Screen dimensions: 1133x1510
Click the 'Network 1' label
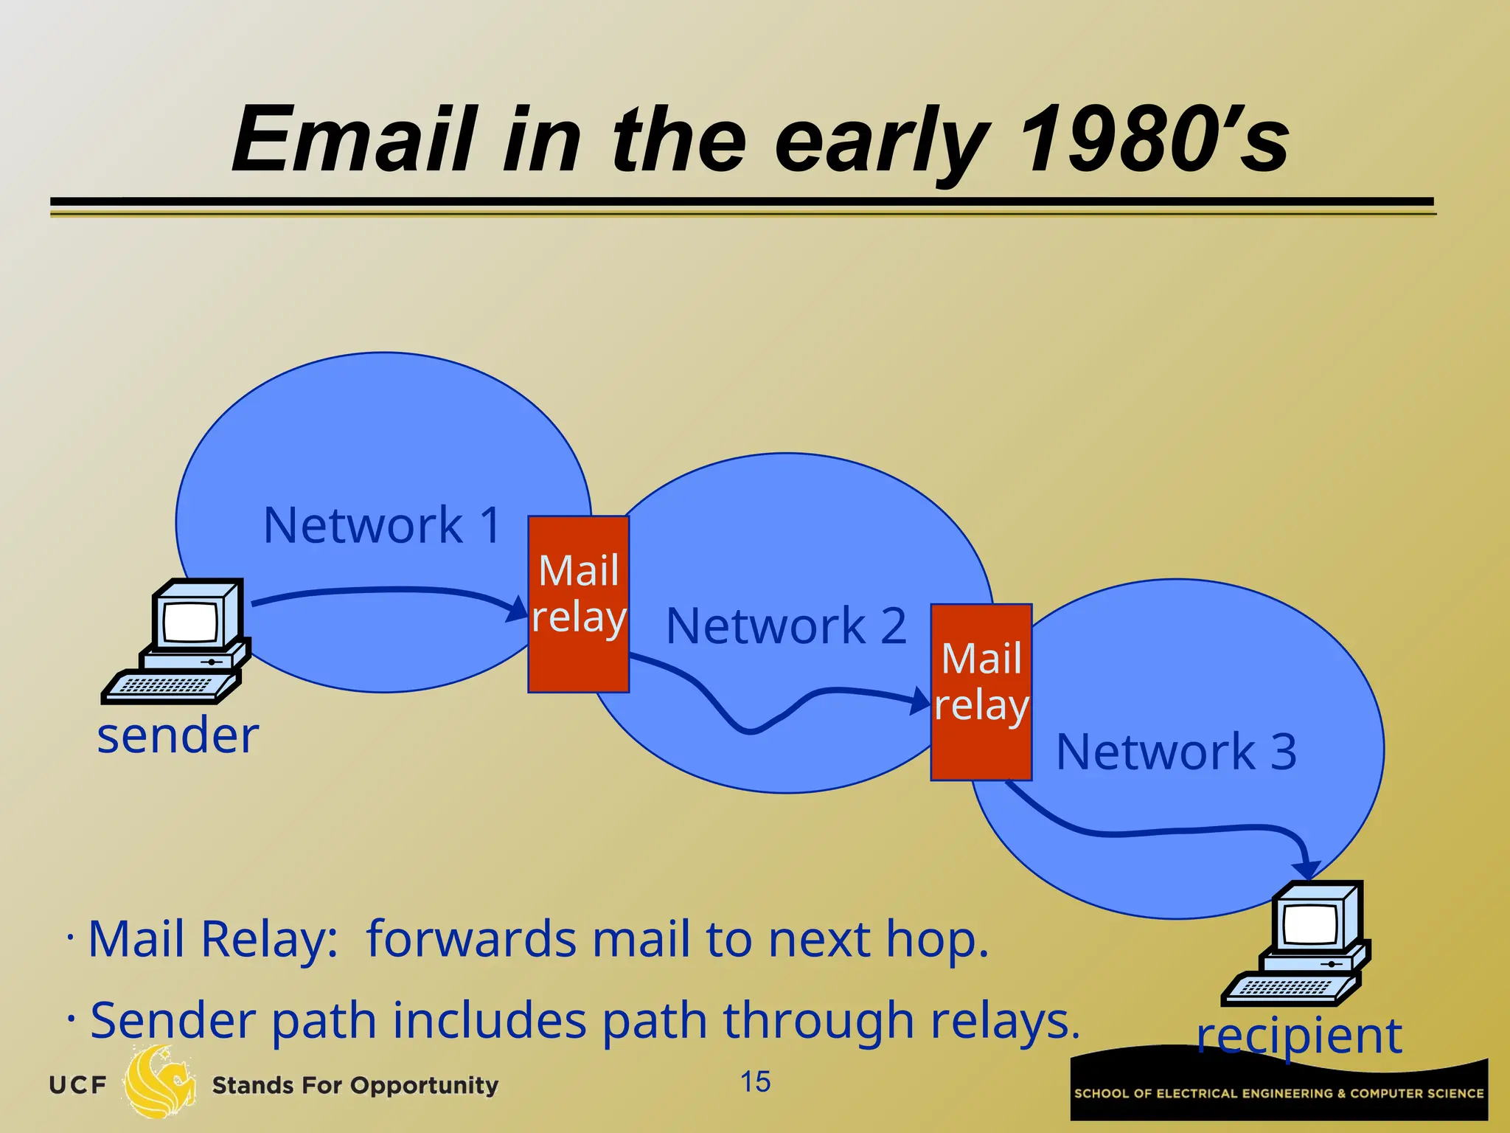click(x=382, y=525)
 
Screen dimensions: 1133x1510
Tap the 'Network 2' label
click(x=786, y=626)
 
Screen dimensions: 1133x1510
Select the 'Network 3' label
click(x=1176, y=752)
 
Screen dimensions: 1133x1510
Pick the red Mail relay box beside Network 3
click(x=981, y=692)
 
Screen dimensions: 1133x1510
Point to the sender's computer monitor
click(x=193, y=620)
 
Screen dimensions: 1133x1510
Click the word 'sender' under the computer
click(x=178, y=736)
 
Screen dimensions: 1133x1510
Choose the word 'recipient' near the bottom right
click(x=1299, y=1036)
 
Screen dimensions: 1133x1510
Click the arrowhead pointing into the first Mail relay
click(x=518, y=610)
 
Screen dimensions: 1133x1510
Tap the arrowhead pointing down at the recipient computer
click(x=1308, y=870)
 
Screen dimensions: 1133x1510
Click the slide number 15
click(x=755, y=1082)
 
